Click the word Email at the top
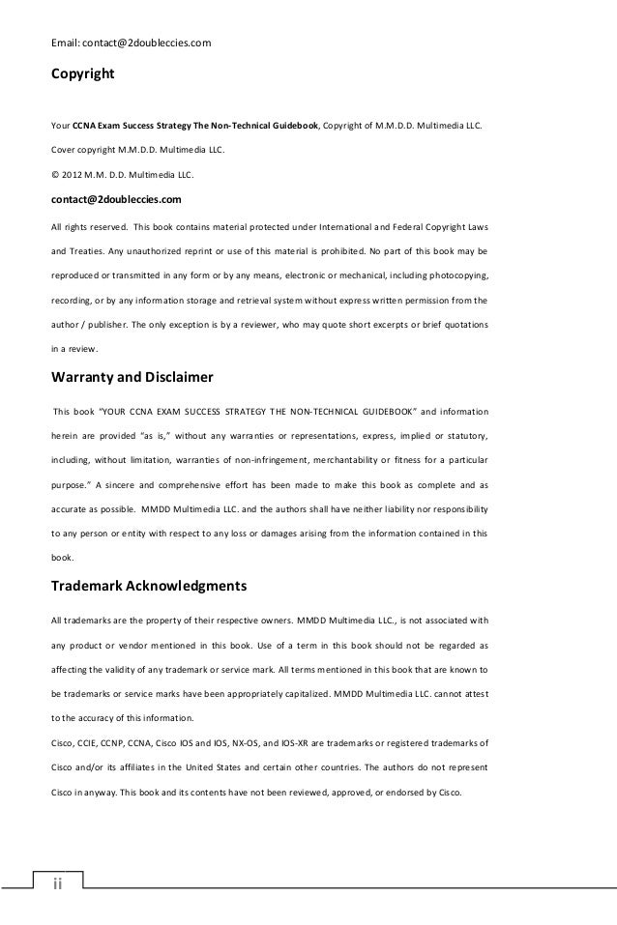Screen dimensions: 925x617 click(x=66, y=43)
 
